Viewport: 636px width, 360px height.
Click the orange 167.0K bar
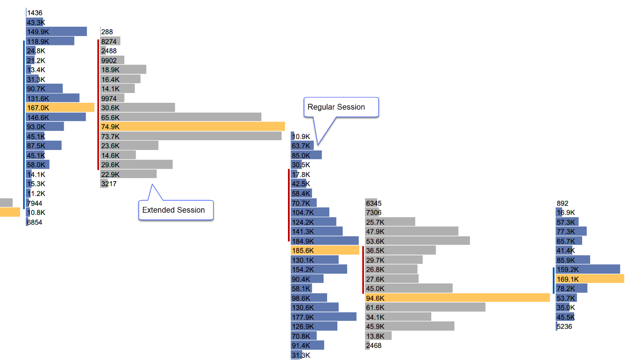pos(60,108)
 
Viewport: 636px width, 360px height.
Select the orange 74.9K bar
pos(192,127)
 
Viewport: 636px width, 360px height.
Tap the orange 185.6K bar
pos(325,251)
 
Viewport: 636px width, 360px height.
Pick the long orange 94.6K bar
pos(457,298)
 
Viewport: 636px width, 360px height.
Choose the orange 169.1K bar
pos(590,279)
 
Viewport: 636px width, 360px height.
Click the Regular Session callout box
pos(341,107)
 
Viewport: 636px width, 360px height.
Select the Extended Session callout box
pos(176,210)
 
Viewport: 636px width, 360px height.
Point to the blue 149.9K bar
pos(57,32)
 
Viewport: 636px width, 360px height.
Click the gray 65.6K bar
pos(181,117)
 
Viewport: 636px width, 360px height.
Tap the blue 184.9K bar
pos(325,241)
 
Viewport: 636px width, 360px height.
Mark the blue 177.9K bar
pos(324,317)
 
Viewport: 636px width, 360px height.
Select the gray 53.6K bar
pos(417,241)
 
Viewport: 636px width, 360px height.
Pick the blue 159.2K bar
pos(587,269)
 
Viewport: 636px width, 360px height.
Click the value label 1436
pos(35,13)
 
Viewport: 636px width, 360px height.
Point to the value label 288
pos(107,32)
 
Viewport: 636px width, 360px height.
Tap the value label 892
pos(563,203)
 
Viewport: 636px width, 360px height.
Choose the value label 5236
pos(564,327)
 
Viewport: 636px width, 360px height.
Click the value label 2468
pos(373,346)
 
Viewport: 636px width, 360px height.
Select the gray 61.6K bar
pos(425,307)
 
